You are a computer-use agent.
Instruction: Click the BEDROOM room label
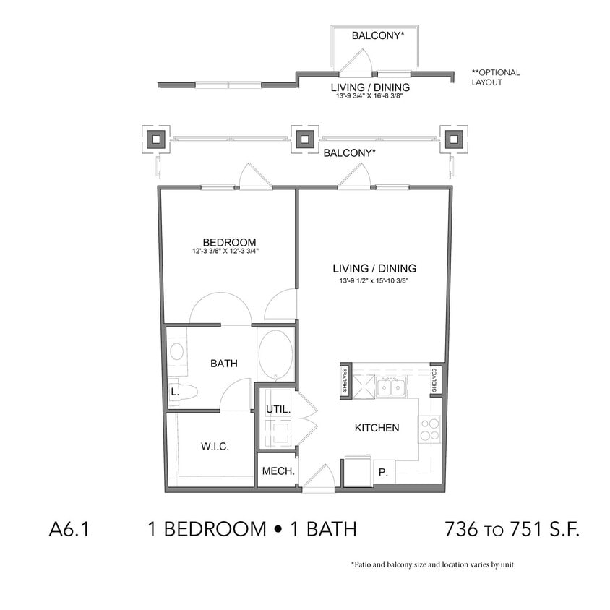229,242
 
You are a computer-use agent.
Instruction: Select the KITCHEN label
377,428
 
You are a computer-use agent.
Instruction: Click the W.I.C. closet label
215,447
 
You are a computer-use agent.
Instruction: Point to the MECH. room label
278,471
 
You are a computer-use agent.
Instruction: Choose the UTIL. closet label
278,409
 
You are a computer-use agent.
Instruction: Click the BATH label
224,364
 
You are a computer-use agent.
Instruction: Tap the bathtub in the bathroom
275,355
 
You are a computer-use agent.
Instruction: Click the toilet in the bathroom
185,392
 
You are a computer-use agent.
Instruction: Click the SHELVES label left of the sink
345,380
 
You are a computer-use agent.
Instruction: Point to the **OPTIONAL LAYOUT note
495,77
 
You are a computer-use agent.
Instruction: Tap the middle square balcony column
304,139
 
